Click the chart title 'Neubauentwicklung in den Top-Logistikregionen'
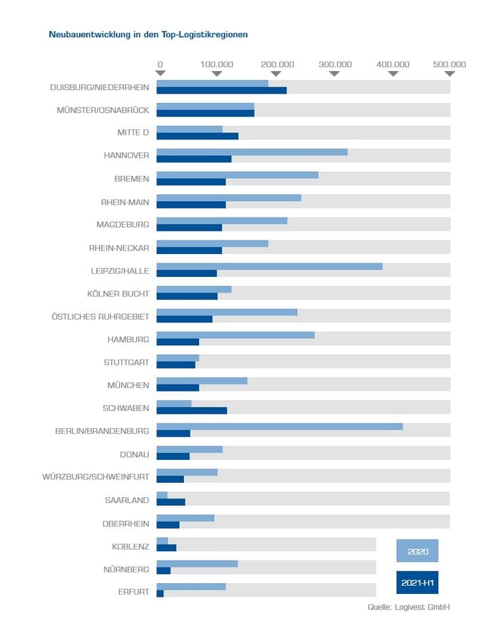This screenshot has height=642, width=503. tap(148, 34)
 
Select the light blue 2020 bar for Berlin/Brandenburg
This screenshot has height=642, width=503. tap(279, 427)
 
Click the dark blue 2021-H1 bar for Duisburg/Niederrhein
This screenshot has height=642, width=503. tap(221, 91)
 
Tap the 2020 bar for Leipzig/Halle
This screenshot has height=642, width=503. tap(269, 266)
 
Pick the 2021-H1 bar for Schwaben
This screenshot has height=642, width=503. tap(192, 410)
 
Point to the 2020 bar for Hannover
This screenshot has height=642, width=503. tap(252, 152)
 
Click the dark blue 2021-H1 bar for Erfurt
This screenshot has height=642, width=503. tap(160, 594)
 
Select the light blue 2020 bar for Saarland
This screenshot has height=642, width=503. tap(162, 496)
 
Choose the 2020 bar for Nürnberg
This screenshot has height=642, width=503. tap(197, 564)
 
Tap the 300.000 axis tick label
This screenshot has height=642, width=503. tap(335, 64)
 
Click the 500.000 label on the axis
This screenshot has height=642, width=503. tap(450, 64)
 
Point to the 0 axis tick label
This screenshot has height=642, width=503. tap(160, 64)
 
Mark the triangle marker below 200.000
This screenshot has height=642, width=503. tap(276, 73)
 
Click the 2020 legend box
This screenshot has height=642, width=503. tap(417, 551)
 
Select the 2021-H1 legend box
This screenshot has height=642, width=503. tap(417, 582)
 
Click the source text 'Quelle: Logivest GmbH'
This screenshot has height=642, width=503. tap(409, 607)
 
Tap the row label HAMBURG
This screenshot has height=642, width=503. tap(128, 339)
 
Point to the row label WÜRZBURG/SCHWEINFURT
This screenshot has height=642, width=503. tap(95, 477)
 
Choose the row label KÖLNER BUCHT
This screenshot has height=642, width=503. tap(118, 293)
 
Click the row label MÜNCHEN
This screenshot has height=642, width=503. tap(128, 385)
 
